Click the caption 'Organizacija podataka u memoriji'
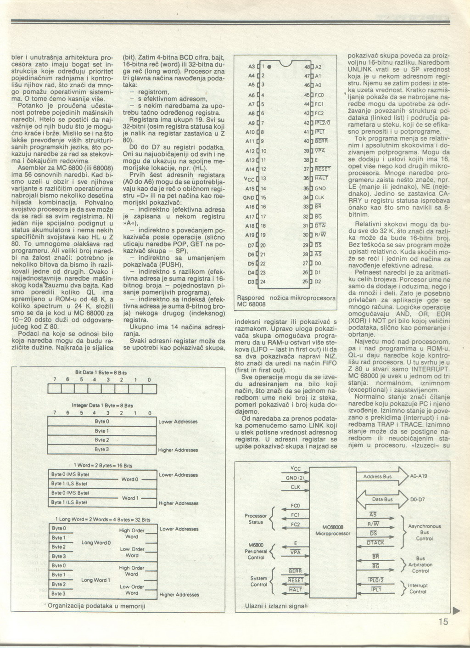[x=96, y=606]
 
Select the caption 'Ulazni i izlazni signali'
[x=275, y=606]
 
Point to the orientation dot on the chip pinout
[x=270, y=67]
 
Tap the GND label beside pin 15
[x=248, y=197]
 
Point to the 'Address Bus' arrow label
[x=377, y=477]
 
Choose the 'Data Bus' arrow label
[x=382, y=499]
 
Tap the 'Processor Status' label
[x=256, y=519]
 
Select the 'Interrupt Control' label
[x=418, y=588]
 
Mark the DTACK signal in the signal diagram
[x=375, y=542]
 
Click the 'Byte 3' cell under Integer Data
[x=101, y=449]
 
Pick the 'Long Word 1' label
[x=95, y=580]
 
